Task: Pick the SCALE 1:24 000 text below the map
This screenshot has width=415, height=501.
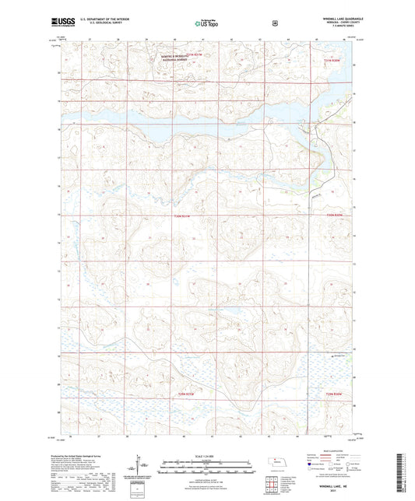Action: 206,455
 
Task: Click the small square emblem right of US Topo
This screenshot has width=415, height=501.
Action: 274,23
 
